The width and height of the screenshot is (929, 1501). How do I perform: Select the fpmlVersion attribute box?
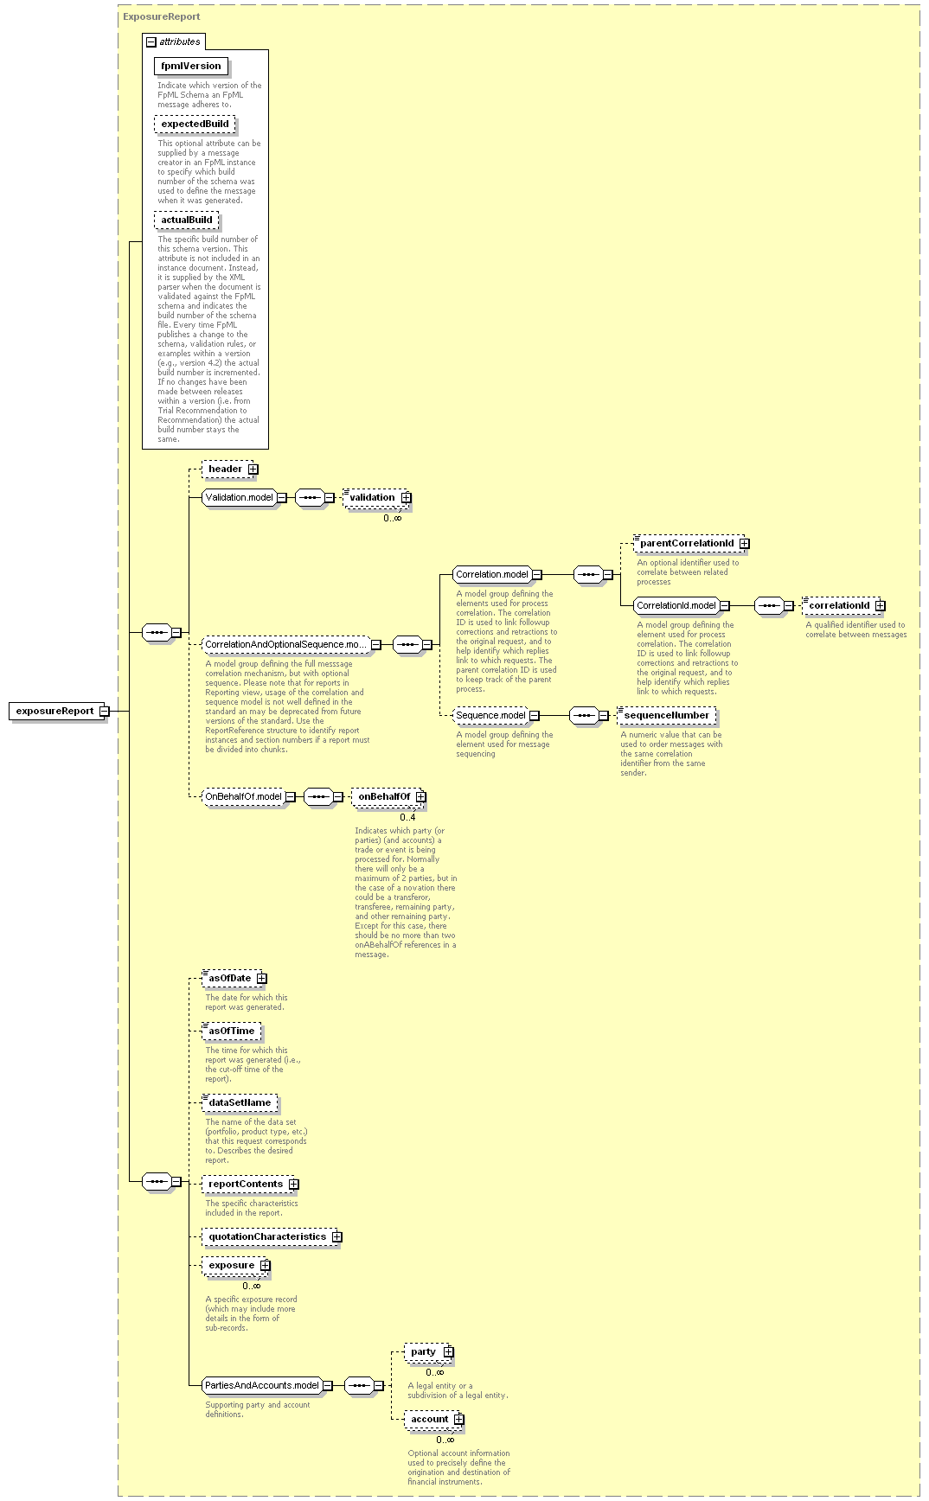click(190, 66)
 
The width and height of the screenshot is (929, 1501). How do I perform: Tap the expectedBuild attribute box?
click(195, 124)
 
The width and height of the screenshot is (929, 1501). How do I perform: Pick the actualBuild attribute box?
click(186, 220)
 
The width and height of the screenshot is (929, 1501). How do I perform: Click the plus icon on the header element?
click(253, 469)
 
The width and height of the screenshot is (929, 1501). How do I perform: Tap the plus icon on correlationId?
click(880, 605)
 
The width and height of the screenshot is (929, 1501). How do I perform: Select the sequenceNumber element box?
click(666, 715)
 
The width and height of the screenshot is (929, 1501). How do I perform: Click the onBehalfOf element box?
click(388, 796)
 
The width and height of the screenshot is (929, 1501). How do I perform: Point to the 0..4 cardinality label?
click(407, 817)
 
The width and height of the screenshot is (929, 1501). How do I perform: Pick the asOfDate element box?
click(234, 978)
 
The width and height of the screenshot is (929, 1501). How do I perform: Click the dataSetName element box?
click(240, 1102)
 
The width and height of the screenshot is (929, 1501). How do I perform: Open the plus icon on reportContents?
click(293, 1184)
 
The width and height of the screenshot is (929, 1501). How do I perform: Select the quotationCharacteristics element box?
click(272, 1236)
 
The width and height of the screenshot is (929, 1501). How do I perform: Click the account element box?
click(434, 1419)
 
